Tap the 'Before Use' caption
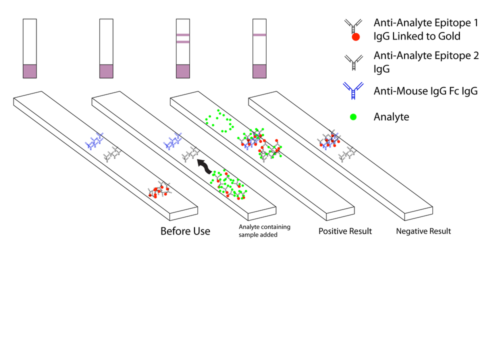pos(185,231)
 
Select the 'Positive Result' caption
pos(345,231)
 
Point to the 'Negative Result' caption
pos(423,231)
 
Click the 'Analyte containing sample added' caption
pos(264,230)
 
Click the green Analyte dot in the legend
pos(354,117)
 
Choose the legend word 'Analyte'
pos(391,117)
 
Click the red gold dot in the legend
pos(355,36)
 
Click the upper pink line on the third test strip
pos(183,35)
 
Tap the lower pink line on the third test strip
pos(183,42)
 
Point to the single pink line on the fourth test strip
pos(259,35)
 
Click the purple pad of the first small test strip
pos(29,71)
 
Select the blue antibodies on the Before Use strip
pos(94,141)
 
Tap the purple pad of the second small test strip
pos(106,71)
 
